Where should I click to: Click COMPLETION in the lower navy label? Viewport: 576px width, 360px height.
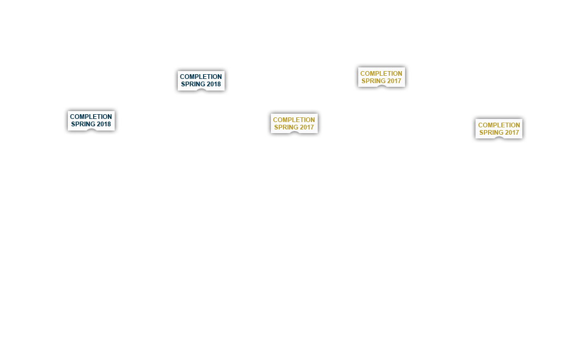point(90,117)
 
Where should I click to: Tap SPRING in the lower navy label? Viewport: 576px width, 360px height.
point(83,124)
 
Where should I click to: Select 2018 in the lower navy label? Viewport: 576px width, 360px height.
point(104,124)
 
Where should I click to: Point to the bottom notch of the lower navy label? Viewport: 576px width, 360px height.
point(91,130)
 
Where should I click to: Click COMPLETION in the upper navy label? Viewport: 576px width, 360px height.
point(200,77)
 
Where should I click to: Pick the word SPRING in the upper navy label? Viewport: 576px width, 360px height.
point(193,84)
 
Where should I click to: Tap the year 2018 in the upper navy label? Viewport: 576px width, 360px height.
point(214,84)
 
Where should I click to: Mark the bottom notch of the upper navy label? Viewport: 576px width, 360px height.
point(201,89)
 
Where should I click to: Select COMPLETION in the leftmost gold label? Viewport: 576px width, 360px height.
point(294,120)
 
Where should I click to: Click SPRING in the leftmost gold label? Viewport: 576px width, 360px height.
point(286,127)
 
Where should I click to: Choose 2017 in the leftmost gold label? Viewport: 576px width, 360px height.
point(307,127)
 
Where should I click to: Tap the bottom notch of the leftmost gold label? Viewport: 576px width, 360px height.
point(294,133)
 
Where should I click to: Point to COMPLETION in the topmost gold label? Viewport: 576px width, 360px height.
point(381,74)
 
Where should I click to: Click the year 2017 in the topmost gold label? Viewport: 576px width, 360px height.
point(394,81)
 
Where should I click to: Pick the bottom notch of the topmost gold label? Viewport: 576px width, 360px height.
point(382,86)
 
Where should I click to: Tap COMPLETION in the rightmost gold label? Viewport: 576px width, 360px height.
point(499,125)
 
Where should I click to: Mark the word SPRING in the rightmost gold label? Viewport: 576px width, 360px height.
point(491,133)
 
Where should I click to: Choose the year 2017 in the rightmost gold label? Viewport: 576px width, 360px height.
point(512,133)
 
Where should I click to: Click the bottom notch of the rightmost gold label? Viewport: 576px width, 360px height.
point(499,138)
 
